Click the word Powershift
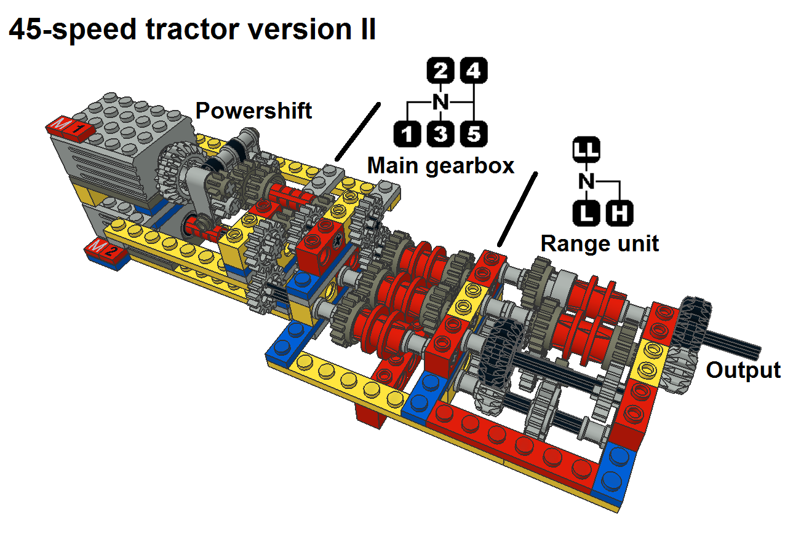253,111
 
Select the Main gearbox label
440,165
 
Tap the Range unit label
600,243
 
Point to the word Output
743,371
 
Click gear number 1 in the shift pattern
407,133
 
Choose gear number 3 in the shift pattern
440,133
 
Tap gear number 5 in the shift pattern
473,133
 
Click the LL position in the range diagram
587,149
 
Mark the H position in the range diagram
620,214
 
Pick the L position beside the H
587,214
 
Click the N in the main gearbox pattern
440,102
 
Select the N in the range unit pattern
587,181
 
